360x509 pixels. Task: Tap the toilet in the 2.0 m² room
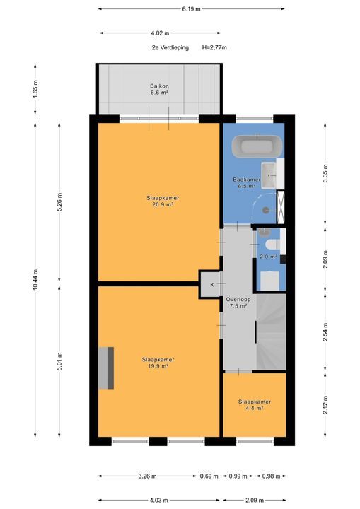(x=276, y=243)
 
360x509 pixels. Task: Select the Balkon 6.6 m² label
(x=158, y=88)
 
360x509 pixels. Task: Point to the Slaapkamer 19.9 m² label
(x=158, y=363)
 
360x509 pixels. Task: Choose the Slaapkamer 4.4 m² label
(x=254, y=404)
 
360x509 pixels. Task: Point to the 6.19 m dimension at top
(x=191, y=9)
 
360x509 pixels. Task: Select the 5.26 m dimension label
(x=60, y=204)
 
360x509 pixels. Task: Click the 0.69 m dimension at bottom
(x=209, y=476)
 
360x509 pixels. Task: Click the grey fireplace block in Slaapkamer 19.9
(x=106, y=368)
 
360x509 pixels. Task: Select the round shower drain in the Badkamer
(x=266, y=209)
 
